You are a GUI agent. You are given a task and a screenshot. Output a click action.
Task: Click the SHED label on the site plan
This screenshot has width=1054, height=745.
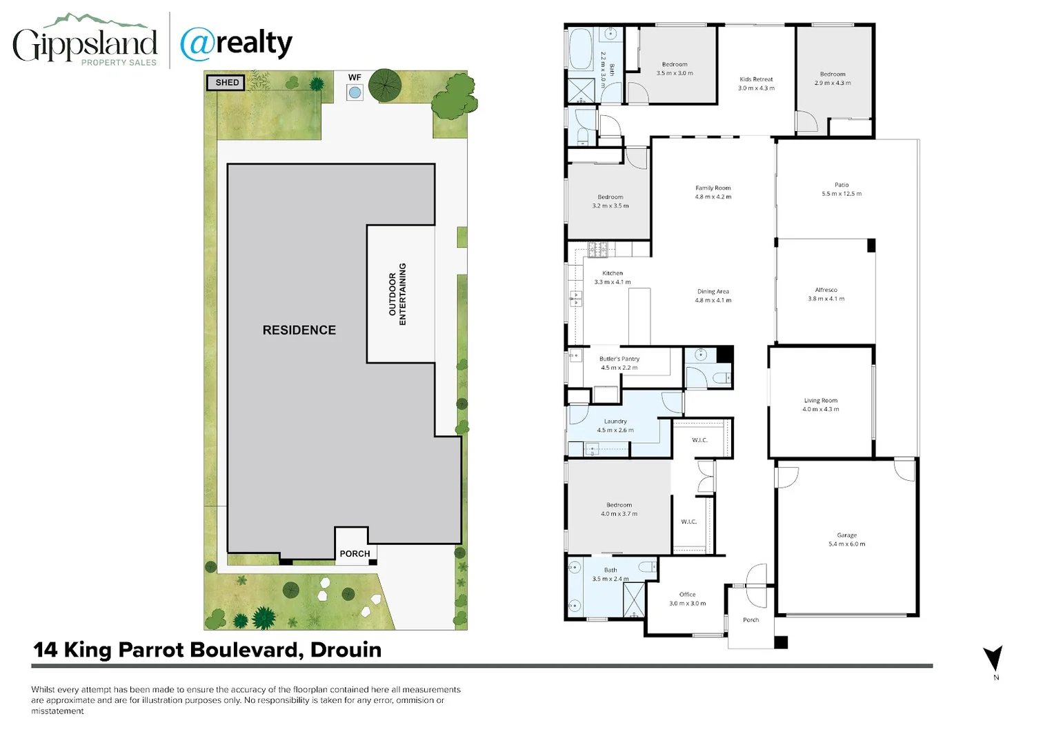click(x=226, y=83)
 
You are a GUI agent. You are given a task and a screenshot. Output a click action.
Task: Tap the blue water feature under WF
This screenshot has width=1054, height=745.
click(x=355, y=92)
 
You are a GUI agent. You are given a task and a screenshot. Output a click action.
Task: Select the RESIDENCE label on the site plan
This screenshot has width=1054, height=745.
click(x=299, y=330)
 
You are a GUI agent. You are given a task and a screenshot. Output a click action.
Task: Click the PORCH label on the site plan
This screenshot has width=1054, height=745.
click(x=355, y=553)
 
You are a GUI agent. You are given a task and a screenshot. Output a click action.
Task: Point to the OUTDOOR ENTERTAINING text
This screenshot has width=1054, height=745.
click(x=397, y=295)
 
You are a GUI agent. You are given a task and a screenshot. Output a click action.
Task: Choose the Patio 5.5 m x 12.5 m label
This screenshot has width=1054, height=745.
click(x=841, y=189)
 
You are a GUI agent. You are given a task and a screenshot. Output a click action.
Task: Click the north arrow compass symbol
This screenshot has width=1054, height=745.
click(x=993, y=659)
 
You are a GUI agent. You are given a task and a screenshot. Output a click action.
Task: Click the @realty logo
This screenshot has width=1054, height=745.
click(x=236, y=43)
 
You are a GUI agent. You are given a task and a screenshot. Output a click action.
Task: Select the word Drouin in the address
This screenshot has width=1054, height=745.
click(x=346, y=650)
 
